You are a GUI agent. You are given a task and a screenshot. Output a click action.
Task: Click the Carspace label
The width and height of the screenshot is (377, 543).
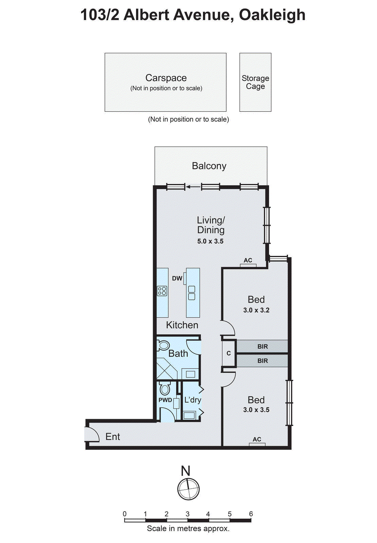[166, 78]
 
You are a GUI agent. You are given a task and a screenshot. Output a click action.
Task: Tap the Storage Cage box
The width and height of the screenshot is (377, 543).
[255, 82]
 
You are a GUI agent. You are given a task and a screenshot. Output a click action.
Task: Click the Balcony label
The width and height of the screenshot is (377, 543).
[209, 166]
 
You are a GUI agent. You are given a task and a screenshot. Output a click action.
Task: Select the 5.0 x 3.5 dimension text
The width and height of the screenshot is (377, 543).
[210, 241]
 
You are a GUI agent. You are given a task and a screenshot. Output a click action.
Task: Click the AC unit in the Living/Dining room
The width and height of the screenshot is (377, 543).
[248, 265]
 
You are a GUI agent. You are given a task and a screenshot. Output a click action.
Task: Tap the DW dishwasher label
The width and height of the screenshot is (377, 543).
[177, 278]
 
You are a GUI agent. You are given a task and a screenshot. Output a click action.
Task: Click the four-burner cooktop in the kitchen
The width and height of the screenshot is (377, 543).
[162, 291]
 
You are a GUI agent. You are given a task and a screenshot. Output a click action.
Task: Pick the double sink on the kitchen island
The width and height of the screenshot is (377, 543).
[192, 293]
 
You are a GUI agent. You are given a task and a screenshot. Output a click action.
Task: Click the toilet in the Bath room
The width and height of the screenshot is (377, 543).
[163, 345]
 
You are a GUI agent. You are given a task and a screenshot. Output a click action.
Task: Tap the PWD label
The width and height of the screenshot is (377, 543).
[165, 400]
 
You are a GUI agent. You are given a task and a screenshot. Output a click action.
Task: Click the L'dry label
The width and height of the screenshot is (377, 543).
[193, 400]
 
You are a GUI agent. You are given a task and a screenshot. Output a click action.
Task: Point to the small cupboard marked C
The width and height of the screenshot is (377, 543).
[229, 353]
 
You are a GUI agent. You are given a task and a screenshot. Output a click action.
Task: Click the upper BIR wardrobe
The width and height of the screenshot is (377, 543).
[262, 347]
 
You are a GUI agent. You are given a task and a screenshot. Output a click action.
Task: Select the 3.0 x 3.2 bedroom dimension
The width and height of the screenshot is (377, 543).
[256, 310]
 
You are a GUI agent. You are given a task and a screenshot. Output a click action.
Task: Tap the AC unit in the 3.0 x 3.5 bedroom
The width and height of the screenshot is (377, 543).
[257, 444]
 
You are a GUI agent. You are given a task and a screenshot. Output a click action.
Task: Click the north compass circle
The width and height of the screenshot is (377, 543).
[188, 489]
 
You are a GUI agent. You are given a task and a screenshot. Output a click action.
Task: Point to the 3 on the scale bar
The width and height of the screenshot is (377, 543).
[187, 514]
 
